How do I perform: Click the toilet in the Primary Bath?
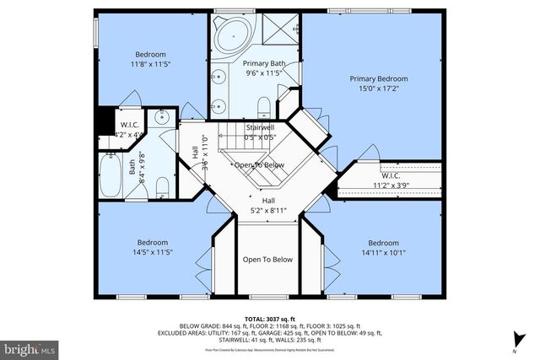tap(263, 105)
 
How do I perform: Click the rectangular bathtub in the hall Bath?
tap(111, 175)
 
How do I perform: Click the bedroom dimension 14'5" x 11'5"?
tap(153, 251)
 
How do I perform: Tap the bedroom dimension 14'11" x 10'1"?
tap(383, 251)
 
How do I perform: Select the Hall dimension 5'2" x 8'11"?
tap(267, 211)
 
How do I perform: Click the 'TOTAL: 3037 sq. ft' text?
tap(269, 318)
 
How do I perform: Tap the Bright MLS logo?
tap(29, 347)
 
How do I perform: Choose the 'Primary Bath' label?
tap(263, 63)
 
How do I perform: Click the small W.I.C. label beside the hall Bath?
tap(129, 125)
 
